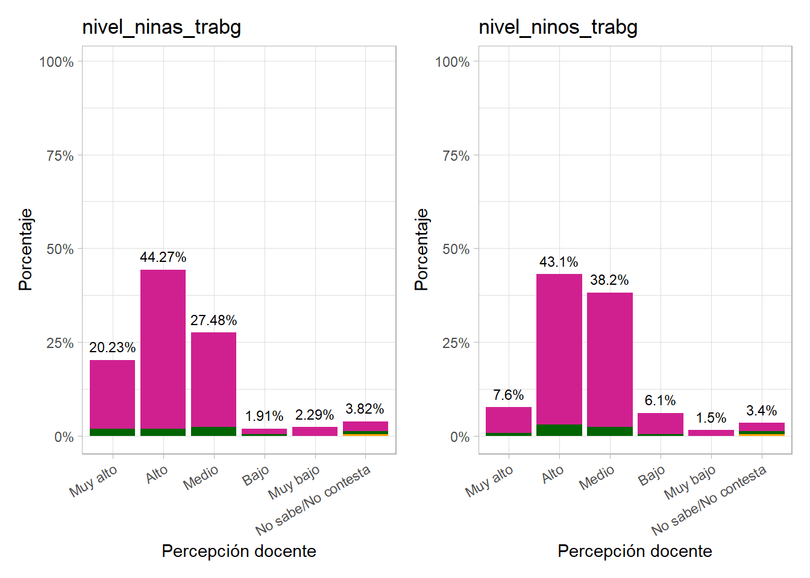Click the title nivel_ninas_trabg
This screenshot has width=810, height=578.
(x=162, y=27)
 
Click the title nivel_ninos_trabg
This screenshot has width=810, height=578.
(x=557, y=27)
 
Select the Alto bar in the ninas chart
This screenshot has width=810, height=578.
(x=163, y=349)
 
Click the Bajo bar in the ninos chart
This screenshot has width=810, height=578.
(x=660, y=423)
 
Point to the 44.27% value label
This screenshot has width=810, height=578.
(x=163, y=257)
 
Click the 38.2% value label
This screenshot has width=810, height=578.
(x=609, y=280)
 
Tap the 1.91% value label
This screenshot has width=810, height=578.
(x=264, y=416)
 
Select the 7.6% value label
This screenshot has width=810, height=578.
(x=508, y=395)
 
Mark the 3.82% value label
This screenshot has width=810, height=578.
(x=365, y=409)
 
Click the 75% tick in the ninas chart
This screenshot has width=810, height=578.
(x=60, y=156)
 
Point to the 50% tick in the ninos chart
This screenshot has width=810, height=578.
(x=456, y=249)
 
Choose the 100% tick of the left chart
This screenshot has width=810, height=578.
(x=56, y=62)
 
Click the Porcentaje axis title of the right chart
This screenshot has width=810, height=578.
(x=421, y=249)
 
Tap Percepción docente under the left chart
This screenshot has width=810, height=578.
(x=239, y=551)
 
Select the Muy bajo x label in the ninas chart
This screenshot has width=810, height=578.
(x=294, y=483)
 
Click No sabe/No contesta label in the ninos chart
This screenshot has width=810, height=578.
(x=709, y=500)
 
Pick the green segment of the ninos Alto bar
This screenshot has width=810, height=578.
(x=559, y=430)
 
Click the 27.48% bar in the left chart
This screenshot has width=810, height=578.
(x=213, y=379)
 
